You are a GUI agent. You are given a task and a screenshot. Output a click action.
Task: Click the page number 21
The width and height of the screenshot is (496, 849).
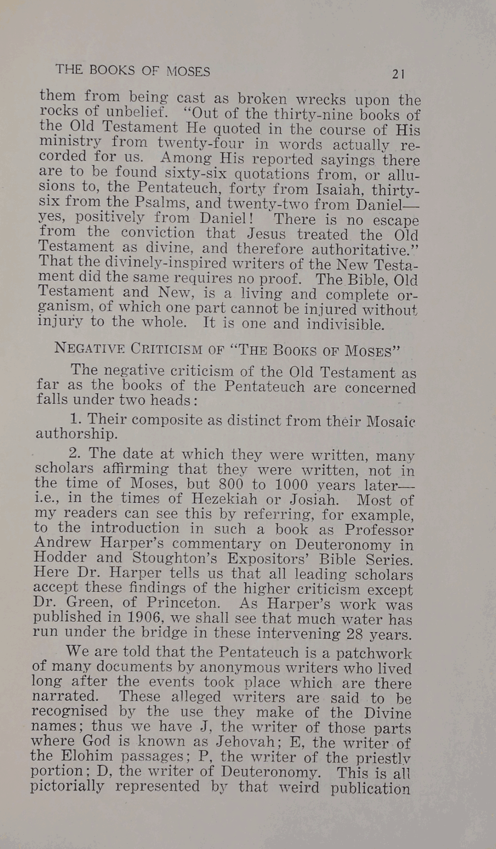[398, 74]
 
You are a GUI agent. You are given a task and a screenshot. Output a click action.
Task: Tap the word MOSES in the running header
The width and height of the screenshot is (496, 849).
[188, 71]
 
